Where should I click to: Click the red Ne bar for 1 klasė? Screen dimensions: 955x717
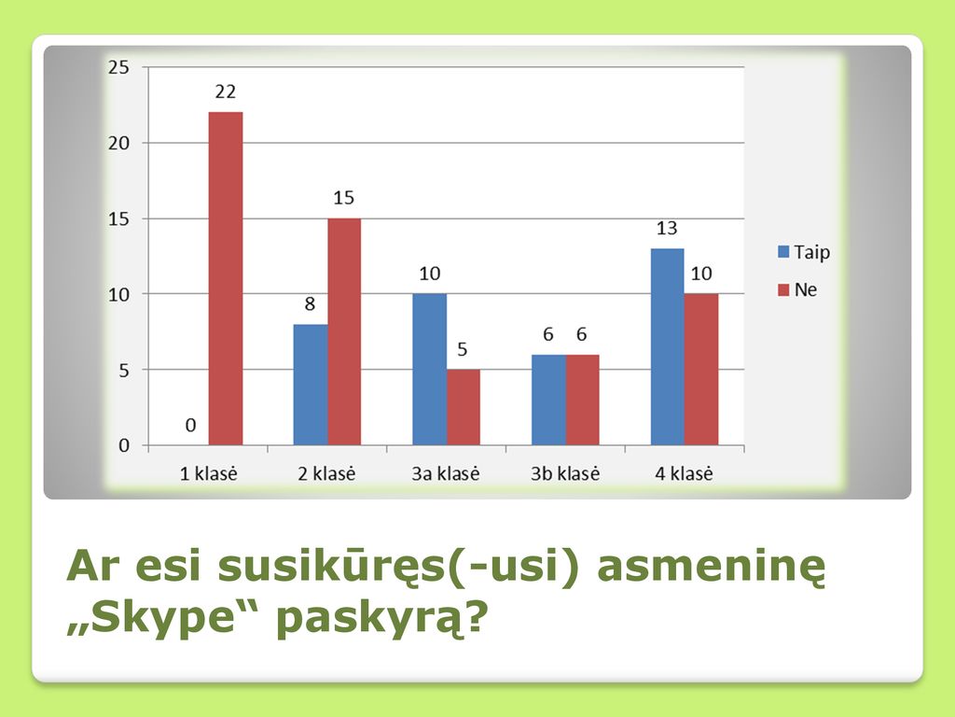[226, 278]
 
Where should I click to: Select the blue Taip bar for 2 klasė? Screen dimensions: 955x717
[311, 385]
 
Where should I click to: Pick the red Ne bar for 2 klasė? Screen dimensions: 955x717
[344, 331]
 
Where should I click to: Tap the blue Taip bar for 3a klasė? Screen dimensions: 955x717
[429, 370]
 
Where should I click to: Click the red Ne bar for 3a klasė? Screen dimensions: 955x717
[463, 407]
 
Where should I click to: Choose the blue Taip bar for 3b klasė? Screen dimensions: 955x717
[548, 400]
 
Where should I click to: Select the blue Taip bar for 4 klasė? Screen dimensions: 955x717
[668, 347]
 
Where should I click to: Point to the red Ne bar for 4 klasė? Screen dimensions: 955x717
[701, 370]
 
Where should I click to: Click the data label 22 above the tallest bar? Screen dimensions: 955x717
[226, 91]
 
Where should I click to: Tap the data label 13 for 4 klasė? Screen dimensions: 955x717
[667, 228]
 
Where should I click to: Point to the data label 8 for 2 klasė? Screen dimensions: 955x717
[310, 303]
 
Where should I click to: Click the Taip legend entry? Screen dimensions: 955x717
[804, 252]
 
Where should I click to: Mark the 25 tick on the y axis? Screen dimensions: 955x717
[118, 67]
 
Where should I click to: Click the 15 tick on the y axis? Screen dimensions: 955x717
[118, 218]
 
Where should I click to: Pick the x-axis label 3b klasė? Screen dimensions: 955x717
[565, 473]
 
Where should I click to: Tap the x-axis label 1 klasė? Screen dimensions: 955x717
[208, 473]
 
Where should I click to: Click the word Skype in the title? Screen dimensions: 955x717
[164, 618]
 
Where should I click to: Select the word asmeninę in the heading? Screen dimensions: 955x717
[712, 567]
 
